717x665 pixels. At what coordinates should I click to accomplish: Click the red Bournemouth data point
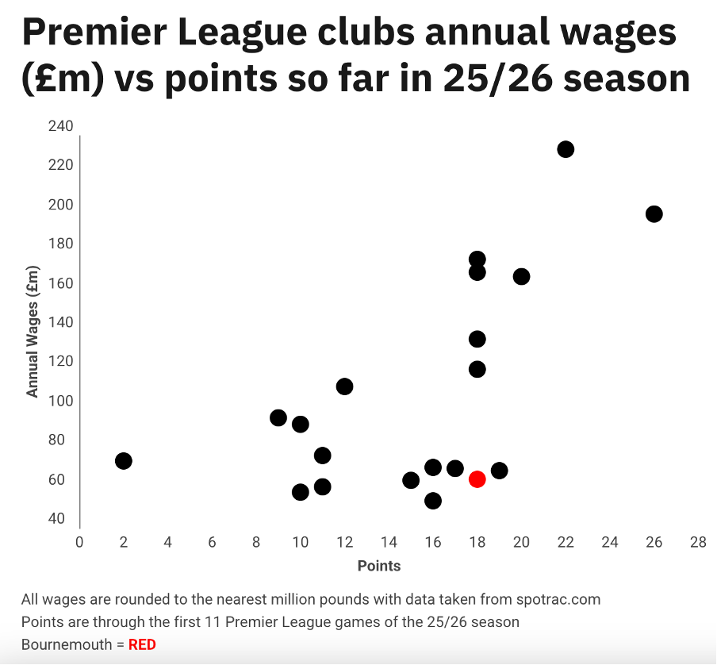coord(477,479)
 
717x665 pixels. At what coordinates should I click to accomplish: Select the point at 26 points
coord(654,213)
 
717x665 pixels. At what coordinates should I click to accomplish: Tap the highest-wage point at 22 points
coord(566,149)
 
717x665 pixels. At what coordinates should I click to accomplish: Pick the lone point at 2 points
coord(123,461)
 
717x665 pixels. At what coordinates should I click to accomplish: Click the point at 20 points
coord(521,276)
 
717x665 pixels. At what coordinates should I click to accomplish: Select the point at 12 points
coord(344,386)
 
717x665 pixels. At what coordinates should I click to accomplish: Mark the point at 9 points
coord(278,417)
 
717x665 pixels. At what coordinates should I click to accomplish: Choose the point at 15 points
coord(411,480)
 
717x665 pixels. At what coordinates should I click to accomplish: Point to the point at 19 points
coord(499,471)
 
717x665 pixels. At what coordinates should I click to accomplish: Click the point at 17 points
coord(454,468)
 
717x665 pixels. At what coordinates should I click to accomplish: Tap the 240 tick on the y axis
coord(60,126)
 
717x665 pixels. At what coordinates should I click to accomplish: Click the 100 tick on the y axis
coord(60,401)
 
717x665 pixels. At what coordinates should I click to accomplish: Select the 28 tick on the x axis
coord(698,543)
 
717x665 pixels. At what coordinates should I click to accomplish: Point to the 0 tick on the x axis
coord(79,543)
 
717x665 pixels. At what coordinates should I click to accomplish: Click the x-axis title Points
coord(379,566)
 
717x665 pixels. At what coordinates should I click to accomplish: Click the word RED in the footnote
coord(142,644)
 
